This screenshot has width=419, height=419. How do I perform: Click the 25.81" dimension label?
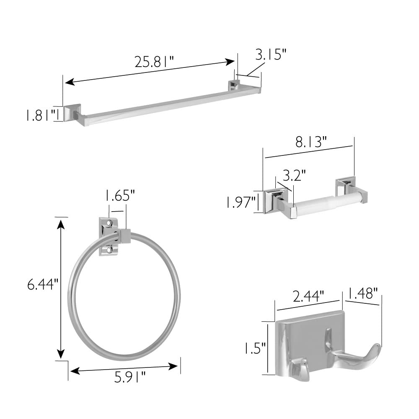154,62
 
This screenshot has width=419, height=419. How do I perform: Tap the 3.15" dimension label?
271,54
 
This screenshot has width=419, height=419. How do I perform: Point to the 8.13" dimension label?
311,142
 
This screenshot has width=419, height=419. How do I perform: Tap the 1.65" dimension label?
119,195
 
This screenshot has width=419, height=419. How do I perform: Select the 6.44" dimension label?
43,285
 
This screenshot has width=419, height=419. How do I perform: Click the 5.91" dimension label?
130,377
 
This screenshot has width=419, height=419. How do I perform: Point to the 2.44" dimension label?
308,296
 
